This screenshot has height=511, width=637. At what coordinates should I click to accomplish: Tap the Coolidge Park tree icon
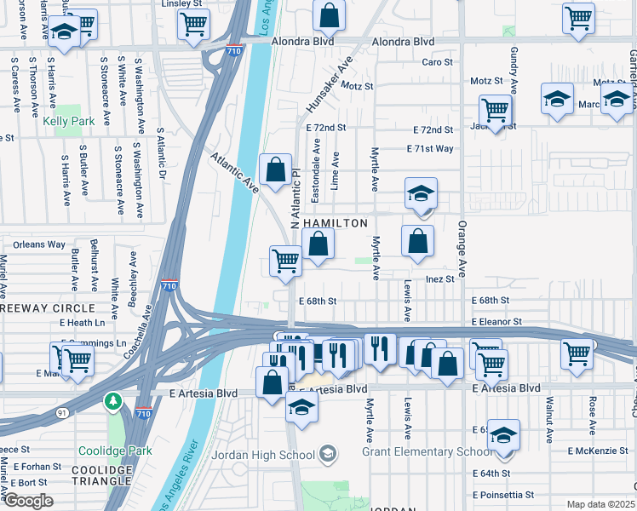coord(112,400)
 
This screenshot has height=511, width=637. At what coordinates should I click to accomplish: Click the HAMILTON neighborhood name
coord(335,223)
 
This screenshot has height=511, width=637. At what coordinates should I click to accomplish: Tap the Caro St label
coord(437,62)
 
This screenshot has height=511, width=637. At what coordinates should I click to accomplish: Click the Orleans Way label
coord(39,244)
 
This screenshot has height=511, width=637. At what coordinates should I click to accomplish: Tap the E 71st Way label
coord(433,148)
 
